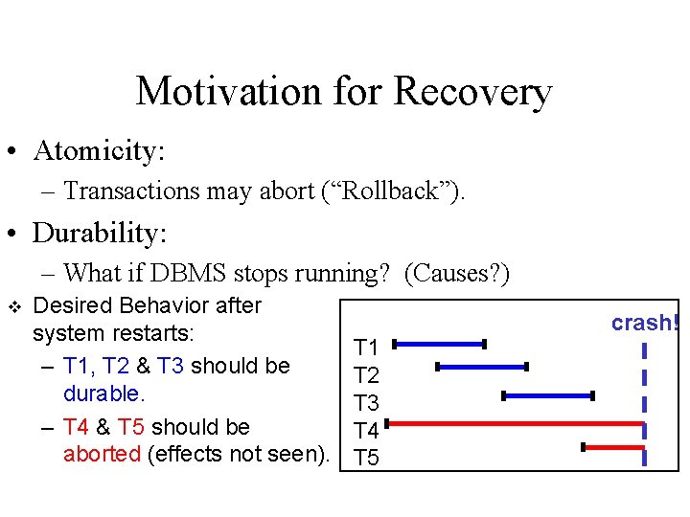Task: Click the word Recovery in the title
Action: click(x=472, y=92)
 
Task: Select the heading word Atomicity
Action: click(x=99, y=151)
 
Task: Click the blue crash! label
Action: click(x=645, y=324)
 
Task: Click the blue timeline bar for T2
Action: click(x=482, y=366)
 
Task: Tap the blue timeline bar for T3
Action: click(x=548, y=394)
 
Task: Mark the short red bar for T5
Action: click(x=613, y=446)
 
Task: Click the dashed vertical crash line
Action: click(x=644, y=402)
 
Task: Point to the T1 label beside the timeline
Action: click(x=366, y=348)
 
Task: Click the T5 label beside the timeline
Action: click(x=366, y=459)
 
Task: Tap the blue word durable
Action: click(x=103, y=393)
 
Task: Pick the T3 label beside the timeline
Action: click(x=366, y=403)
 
